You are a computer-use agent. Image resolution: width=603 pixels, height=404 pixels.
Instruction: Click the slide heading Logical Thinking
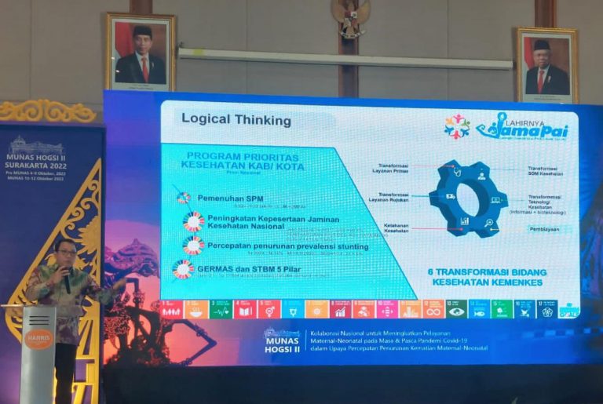point(236,120)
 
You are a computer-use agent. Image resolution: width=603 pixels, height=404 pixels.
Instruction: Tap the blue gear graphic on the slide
point(470,198)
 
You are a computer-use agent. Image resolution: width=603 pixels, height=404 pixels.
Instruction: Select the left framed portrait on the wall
point(141,52)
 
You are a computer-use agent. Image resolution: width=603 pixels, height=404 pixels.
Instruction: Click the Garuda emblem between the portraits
point(349,17)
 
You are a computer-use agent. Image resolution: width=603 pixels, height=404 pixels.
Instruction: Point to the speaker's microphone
point(66,279)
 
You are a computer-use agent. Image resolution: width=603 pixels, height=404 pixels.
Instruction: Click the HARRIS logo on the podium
point(38,338)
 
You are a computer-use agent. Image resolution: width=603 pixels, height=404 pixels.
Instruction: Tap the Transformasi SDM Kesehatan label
point(543,170)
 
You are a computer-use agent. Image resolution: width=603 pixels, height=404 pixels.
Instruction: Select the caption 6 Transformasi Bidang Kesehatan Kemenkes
point(487,277)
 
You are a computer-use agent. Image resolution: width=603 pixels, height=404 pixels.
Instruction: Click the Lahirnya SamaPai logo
point(521,127)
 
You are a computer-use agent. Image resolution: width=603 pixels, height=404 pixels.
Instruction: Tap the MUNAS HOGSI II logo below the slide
point(282,340)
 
